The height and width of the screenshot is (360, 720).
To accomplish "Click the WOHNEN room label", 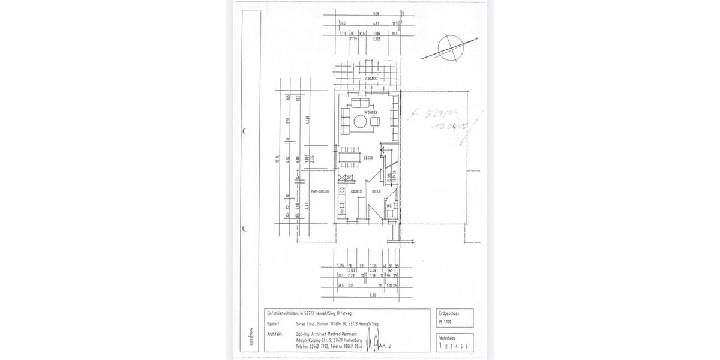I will (370, 112).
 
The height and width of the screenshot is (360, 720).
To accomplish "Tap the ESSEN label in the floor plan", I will (368, 158).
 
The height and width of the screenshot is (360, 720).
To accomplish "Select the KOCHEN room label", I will (356, 191).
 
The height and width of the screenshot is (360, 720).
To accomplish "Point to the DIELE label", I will (376, 191).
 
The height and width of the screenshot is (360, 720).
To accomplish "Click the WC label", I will (389, 205).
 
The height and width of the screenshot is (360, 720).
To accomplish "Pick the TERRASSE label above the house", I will (371, 79).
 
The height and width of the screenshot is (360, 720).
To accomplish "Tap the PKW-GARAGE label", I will (319, 191).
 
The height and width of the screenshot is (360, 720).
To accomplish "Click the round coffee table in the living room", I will (361, 122).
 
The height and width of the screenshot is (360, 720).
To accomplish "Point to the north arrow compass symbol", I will (449, 46).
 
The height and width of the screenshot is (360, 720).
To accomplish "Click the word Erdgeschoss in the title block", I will (449, 313).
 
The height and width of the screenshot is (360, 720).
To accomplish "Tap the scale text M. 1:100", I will (445, 323).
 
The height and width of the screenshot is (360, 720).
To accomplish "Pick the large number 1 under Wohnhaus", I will (440, 346).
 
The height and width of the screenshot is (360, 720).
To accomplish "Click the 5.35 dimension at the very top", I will (376, 13).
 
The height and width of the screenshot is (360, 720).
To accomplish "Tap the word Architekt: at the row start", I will (276, 334).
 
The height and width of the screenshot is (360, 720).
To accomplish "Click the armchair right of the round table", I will (376, 122).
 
